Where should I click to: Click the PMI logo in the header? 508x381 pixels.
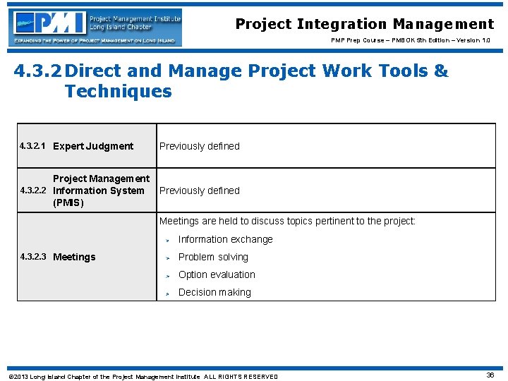95,27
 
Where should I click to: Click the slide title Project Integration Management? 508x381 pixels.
364,24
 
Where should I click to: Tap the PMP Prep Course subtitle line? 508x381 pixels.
413,40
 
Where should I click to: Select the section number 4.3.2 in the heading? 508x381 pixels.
38,71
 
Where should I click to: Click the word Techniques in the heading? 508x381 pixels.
118,92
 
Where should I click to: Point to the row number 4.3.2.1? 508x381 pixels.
33,146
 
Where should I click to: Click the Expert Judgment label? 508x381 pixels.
93,146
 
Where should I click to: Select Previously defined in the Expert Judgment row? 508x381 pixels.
199,146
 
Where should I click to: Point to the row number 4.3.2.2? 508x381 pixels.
33,190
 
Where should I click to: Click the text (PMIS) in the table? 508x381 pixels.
68,203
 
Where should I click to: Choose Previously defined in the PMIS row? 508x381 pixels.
199,190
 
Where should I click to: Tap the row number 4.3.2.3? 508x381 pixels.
33,257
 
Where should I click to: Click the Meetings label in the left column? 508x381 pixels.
74,257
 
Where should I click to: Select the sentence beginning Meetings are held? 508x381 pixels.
287,221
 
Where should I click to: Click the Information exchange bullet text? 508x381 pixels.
225,239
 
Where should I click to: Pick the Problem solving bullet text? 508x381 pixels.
213,257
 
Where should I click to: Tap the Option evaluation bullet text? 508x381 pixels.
217,274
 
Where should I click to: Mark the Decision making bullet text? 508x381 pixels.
214,292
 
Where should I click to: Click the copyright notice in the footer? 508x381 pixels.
143,377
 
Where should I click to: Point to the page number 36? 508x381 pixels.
490,375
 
